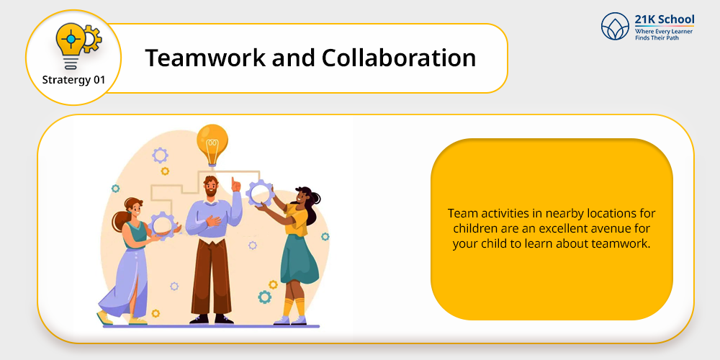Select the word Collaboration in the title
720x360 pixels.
coord(399,58)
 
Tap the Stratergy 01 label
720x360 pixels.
coord(73,80)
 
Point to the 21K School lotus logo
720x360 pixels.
coord(615,26)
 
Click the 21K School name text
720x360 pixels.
coord(665,19)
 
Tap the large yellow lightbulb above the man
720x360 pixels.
coord(212,144)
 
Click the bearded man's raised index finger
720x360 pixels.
coord(234,182)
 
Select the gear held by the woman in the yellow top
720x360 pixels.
coord(261,193)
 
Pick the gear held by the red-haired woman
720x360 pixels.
coord(162,225)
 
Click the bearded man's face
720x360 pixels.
coord(211,187)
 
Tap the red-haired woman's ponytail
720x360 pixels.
coord(119,220)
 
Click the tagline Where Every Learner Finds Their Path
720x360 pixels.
coord(664,34)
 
